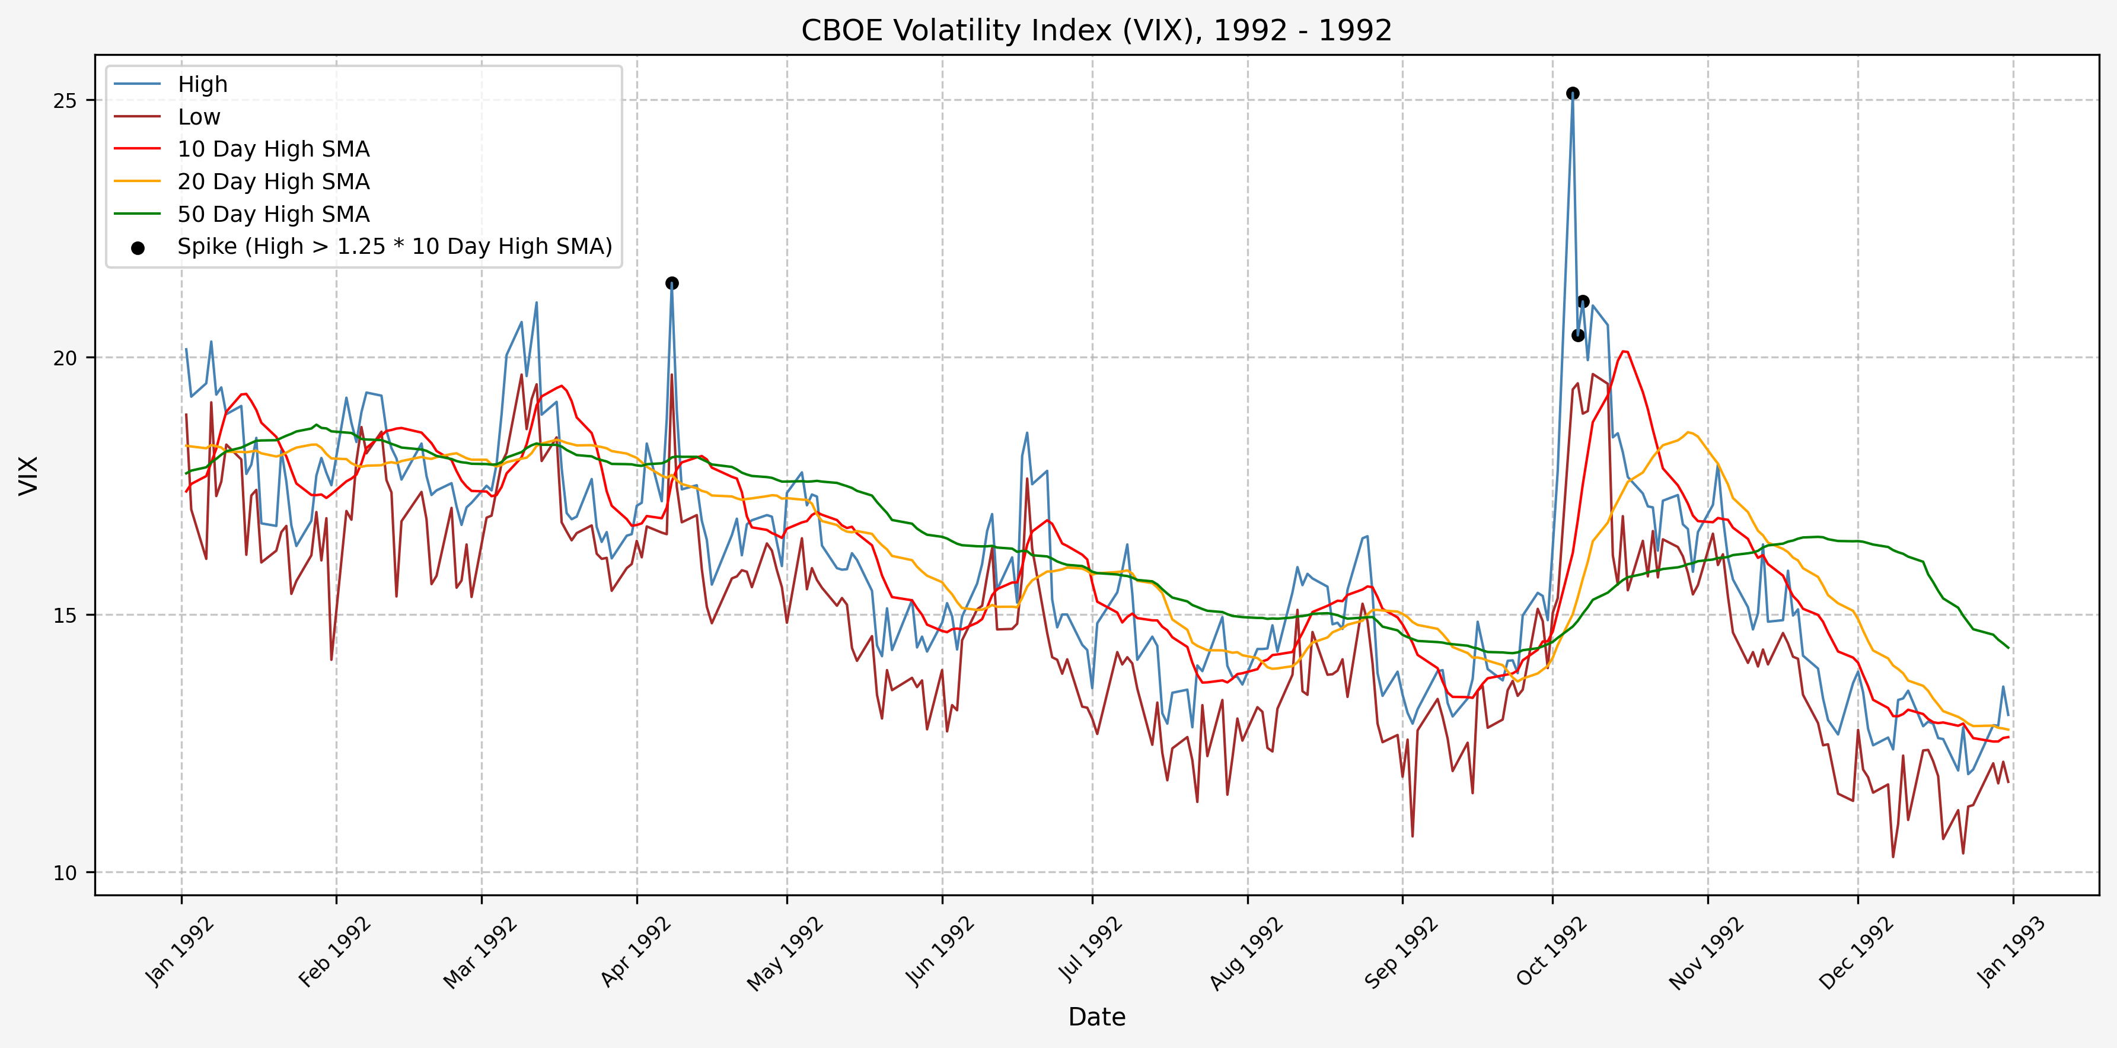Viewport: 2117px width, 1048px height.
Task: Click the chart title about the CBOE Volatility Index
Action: click(x=1096, y=30)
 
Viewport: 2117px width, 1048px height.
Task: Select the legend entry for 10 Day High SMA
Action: click(x=273, y=149)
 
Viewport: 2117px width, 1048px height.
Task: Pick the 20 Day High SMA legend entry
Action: click(x=273, y=181)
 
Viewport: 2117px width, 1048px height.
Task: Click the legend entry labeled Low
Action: click(x=199, y=117)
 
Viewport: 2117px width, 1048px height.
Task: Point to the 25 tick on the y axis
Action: click(x=64, y=100)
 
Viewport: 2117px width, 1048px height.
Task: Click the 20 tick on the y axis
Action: click(x=64, y=358)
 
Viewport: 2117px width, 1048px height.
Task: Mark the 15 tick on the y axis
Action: click(x=64, y=615)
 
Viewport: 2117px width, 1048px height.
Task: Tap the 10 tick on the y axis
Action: click(x=64, y=872)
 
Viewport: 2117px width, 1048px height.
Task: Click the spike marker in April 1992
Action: click(x=671, y=283)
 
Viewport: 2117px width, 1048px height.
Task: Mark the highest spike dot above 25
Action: click(x=1572, y=93)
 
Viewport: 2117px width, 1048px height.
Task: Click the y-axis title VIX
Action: click(x=29, y=475)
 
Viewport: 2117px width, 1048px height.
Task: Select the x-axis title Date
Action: click(x=1096, y=1017)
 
